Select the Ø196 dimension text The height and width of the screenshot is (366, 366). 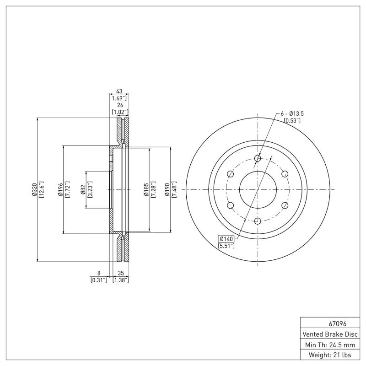pyautogui.click(x=60, y=189)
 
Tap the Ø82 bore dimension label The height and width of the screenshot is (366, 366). pyautogui.click(x=83, y=189)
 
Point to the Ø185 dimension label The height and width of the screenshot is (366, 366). pyautogui.click(x=145, y=189)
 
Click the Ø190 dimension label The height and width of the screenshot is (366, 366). pyautogui.click(x=168, y=189)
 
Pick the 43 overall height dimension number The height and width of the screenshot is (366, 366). pyautogui.click(x=119, y=91)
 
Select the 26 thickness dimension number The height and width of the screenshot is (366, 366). pyautogui.click(x=119, y=105)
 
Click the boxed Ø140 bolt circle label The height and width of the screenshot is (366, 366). pyautogui.click(x=226, y=239)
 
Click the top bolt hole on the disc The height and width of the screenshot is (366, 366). pyautogui.click(x=258, y=158)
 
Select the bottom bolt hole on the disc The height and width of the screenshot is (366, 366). pyautogui.click(x=258, y=221)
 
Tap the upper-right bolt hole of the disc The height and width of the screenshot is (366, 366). pyautogui.click(x=285, y=174)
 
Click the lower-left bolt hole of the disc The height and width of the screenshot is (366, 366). pyautogui.click(x=231, y=205)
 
